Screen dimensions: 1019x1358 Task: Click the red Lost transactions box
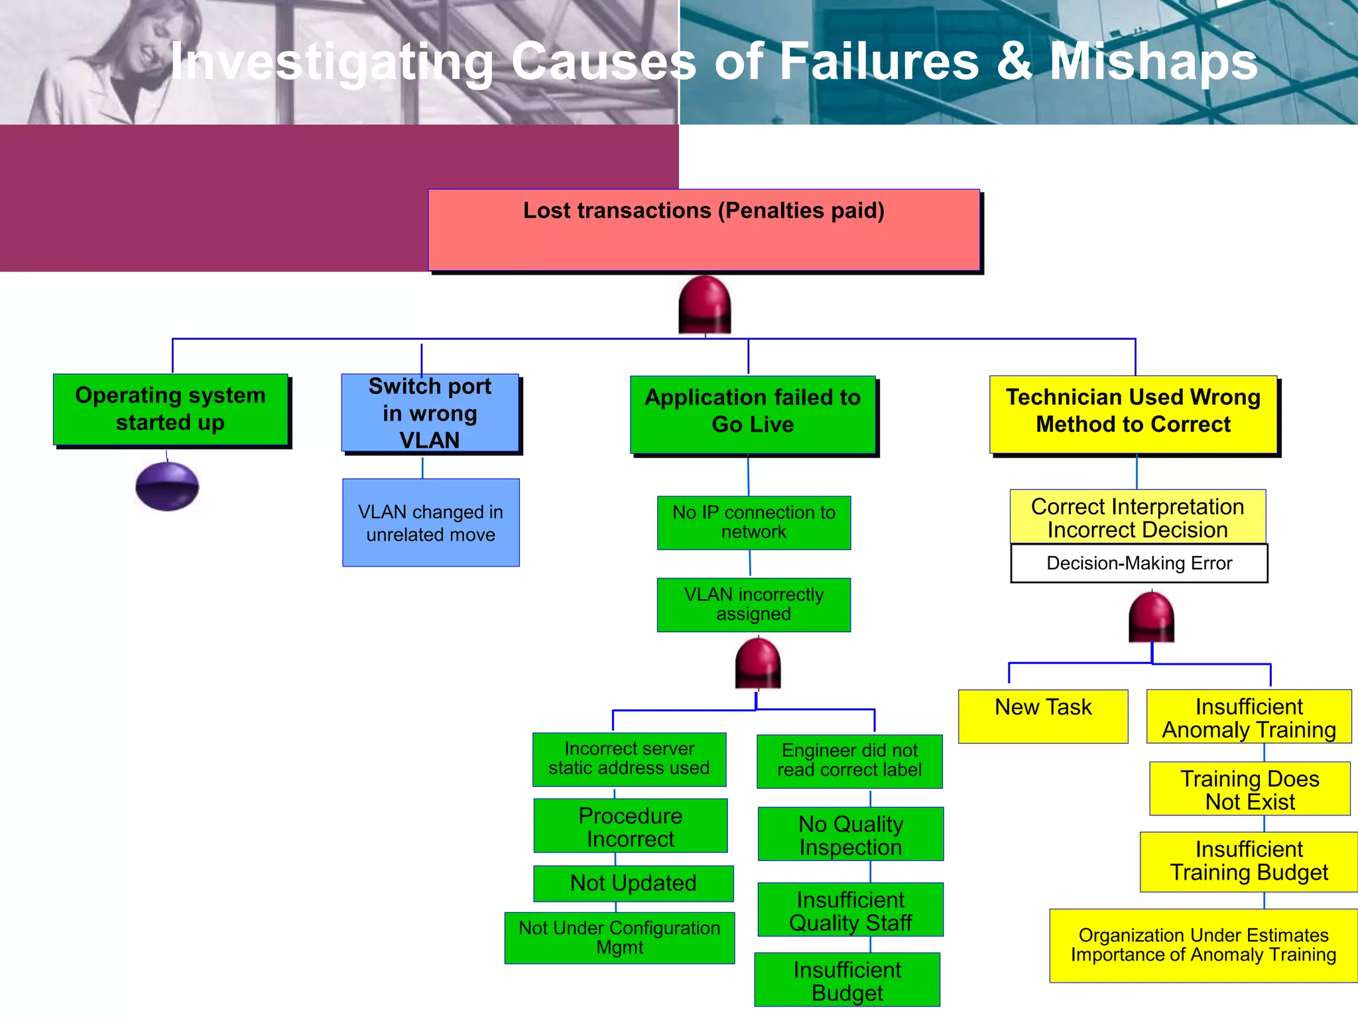coord(704,230)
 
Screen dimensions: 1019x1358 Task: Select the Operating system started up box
coord(170,409)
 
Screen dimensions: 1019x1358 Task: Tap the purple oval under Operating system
coord(167,486)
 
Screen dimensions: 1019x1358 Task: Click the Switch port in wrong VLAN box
coord(430,413)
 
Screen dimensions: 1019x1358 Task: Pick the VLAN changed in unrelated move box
coord(430,523)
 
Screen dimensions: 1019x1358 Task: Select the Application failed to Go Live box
coord(753,414)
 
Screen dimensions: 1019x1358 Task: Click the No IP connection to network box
coord(754,523)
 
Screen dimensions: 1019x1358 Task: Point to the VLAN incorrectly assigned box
coord(754,604)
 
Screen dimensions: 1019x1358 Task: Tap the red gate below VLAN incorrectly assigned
coord(758,663)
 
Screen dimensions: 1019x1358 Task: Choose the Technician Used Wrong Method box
coord(1133,414)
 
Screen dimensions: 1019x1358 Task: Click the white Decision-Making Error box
coord(1139,563)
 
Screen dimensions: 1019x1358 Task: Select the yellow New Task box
coord(1043,716)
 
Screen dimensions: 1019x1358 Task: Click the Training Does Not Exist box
coord(1249,789)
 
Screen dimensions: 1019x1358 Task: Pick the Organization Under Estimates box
coord(1203,945)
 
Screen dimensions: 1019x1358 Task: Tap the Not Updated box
coord(633,883)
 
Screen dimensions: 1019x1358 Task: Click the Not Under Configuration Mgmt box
coord(619,937)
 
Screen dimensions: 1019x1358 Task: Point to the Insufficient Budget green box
coord(847,980)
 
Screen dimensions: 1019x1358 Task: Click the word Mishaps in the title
coord(1153,62)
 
